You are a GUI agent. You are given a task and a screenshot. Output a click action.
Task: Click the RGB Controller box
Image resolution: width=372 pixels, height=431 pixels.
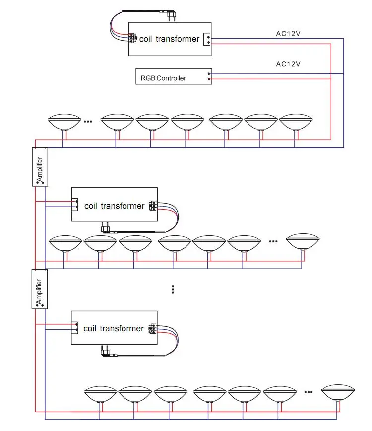[174, 76]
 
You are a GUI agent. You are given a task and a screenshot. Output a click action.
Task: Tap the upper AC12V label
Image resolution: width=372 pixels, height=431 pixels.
[288, 34]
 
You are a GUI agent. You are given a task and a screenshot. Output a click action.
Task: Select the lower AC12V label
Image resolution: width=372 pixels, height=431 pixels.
[288, 64]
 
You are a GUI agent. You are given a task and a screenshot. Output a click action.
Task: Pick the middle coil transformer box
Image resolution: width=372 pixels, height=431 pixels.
[115, 205]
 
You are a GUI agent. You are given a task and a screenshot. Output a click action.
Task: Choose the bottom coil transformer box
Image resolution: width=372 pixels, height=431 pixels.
[114, 328]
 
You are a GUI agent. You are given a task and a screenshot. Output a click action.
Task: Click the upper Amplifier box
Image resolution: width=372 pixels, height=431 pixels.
[39, 167]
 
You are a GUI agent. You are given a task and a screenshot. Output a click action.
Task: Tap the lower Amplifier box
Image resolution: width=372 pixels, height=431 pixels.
[39, 289]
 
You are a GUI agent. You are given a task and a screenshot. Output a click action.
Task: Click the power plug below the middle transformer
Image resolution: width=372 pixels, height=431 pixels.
[106, 228]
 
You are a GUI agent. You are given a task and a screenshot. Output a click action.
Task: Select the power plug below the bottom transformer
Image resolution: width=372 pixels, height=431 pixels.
[106, 351]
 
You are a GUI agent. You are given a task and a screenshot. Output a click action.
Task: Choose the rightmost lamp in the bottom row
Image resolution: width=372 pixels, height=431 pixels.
[338, 392]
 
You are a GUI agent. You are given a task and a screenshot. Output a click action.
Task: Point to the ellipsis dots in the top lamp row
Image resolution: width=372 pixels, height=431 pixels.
[89, 120]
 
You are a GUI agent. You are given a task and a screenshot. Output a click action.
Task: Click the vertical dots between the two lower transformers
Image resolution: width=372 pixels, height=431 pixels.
[172, 289]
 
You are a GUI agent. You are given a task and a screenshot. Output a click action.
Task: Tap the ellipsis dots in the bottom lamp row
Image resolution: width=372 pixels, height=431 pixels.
[309, 392]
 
